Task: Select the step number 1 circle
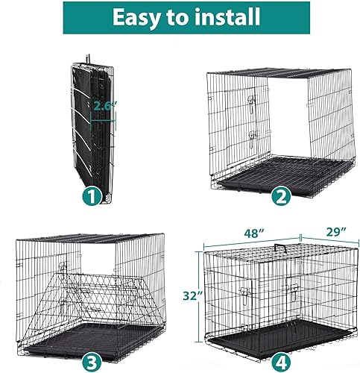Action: [x=91, y=197]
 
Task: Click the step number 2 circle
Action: [x=281, y=198]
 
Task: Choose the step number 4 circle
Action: [x=281, y=361]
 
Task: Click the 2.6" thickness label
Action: [x=104, y=107]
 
